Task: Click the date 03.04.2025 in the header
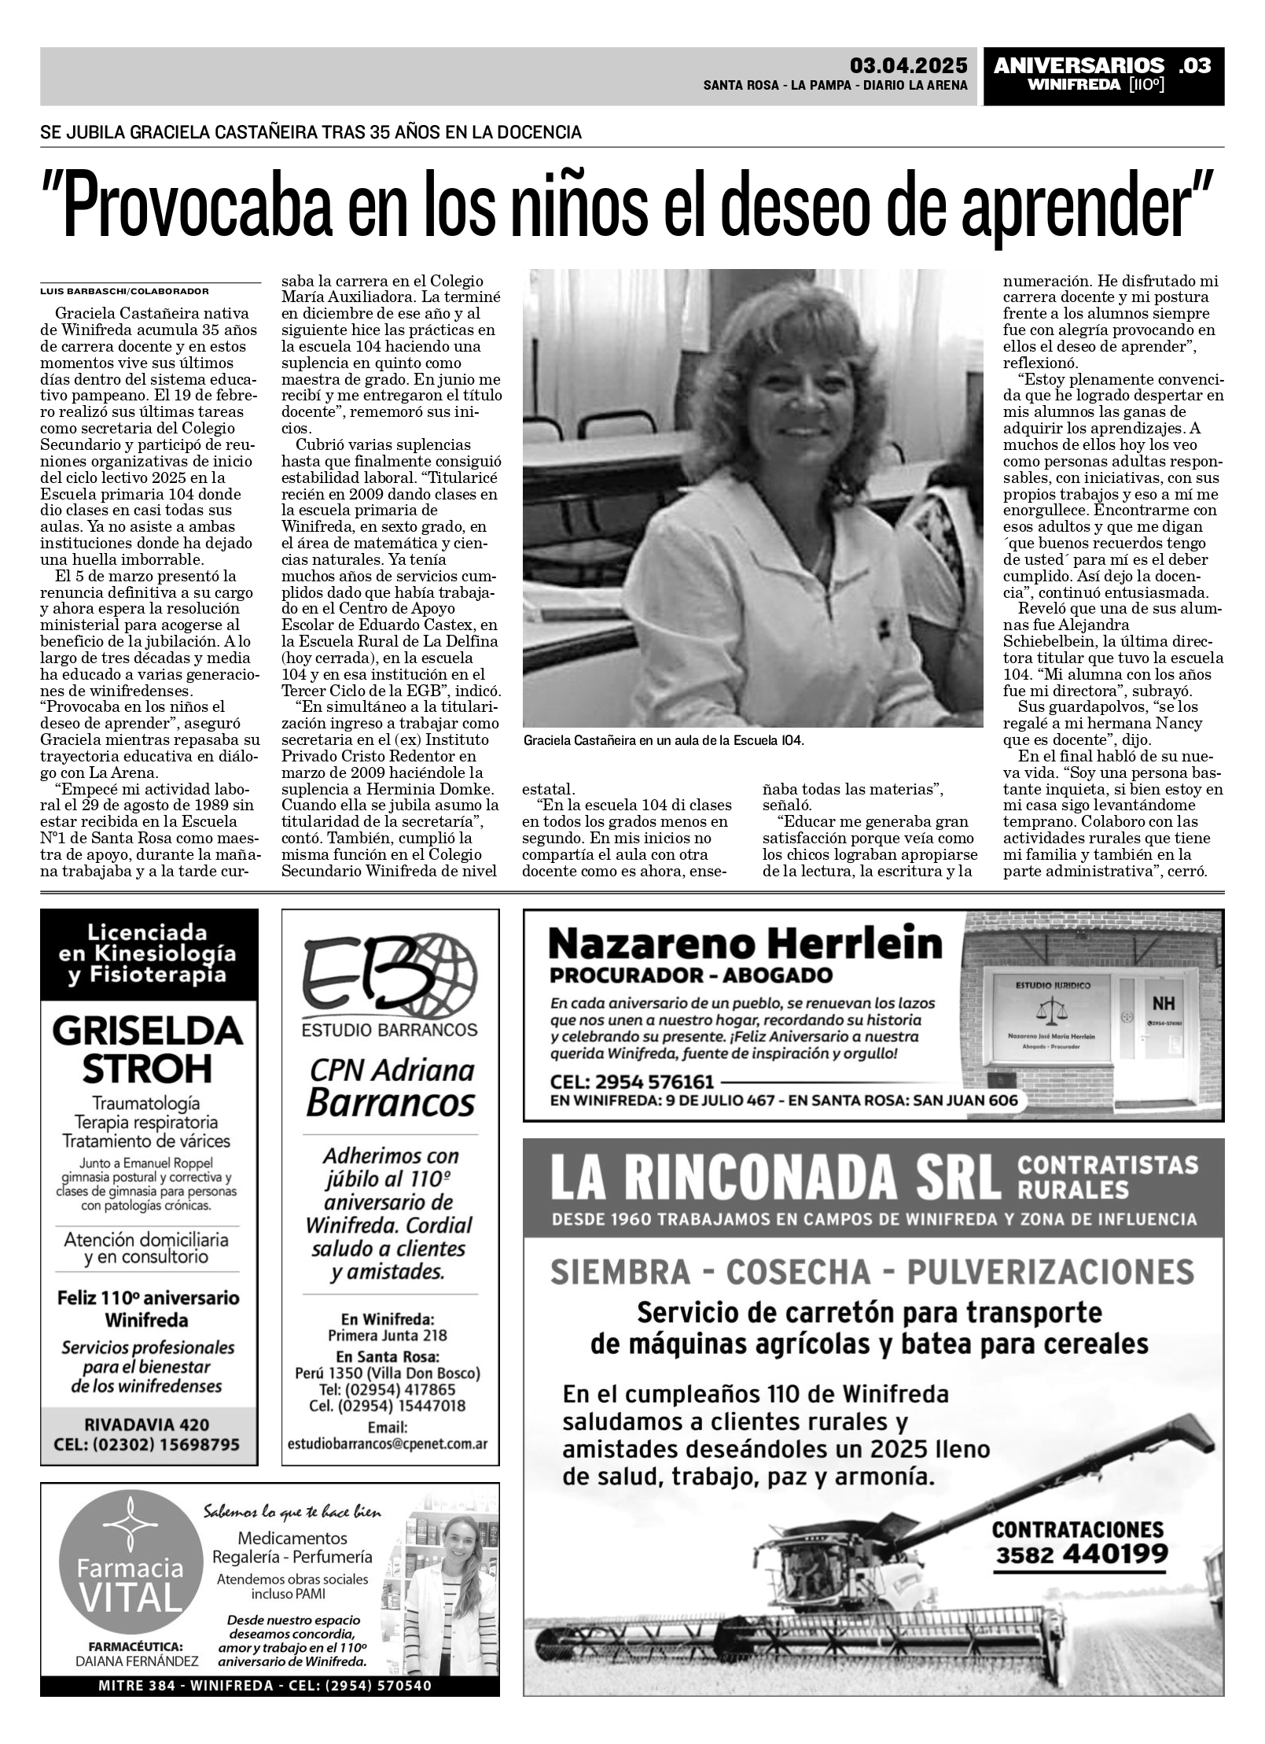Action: [908, 65]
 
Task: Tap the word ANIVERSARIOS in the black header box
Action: [1079, 65]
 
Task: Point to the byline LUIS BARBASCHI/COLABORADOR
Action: [124, 290]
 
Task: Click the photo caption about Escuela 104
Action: [664, 740]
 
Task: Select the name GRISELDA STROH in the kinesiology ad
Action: [148, 1049]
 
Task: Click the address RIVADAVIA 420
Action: [148, 1424]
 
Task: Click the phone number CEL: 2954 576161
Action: [632, 1081]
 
